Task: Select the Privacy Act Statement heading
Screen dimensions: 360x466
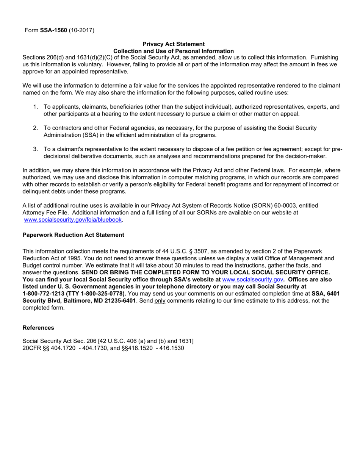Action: (x=174, y=44)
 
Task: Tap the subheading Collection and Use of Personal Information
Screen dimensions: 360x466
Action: (x=174, y=51)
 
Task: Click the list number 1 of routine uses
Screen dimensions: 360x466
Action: (x=35, y=107)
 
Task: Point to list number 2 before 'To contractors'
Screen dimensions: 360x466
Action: (x=35, y=128)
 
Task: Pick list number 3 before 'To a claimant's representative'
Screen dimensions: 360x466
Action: (x=35, y=149)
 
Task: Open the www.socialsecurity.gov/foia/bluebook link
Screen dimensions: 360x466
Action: (x=73, y=220)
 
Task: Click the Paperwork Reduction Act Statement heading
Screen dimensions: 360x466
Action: (x=73, y=235)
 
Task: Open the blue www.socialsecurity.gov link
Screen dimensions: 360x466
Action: (x=252, y=280)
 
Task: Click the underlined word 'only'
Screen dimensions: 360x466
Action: (x=160, y=301)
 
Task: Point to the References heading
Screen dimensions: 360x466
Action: (x=38, y=328)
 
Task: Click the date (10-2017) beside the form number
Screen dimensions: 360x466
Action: (x=81, y=30)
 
